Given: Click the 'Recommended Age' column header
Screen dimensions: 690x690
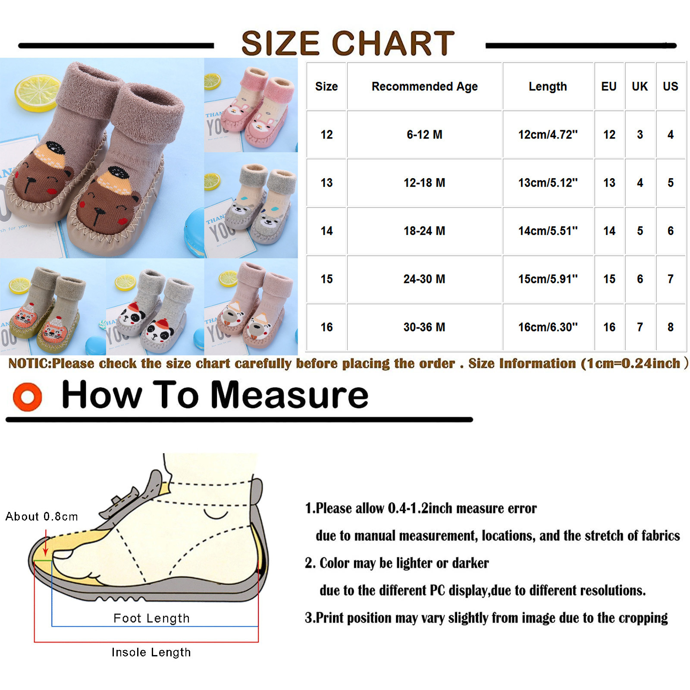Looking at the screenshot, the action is (x=424, y=86).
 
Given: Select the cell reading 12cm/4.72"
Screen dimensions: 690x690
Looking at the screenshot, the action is (x=548, y=135).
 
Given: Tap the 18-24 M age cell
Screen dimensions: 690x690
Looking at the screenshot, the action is (x=424, y=231).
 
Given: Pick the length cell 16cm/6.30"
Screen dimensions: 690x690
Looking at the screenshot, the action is (x=548, y=327).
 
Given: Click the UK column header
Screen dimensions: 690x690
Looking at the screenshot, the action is (x=640, y=86).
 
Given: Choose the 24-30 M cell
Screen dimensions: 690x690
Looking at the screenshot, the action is (x=424, y=279).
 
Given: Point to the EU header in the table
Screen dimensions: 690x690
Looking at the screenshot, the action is (x=609, y=86).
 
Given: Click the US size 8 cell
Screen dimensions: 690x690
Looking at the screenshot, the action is (x=671, y=327).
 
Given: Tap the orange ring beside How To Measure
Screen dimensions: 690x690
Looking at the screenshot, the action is (x=28, y=396).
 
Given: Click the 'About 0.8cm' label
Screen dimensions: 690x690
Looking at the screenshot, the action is (x=41, y=516).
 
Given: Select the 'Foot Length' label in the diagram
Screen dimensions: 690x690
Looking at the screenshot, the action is (x=151, y=618).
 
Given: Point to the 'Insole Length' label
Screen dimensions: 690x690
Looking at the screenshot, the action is (x=151, y=652).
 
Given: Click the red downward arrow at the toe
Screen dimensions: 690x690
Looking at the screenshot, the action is (x=45, y=543).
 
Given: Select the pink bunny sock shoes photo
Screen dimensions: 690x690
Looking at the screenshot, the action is (x=251, y=105).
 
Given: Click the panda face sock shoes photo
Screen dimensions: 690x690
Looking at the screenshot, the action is (x=155, y=307).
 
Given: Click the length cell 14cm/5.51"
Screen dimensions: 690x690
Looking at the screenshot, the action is (x=548, y=231).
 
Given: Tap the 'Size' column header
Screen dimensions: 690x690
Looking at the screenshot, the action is (x=326, y=86).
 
